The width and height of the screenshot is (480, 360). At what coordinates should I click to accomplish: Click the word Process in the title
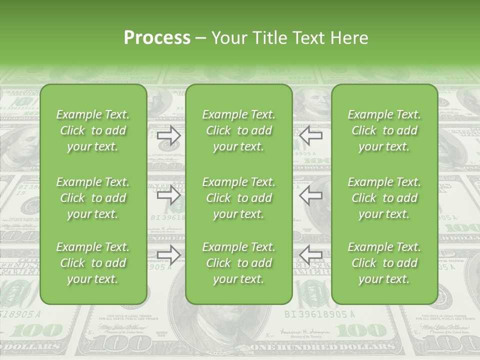click(157, 38)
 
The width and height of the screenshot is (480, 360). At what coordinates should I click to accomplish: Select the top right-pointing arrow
click(169, 135)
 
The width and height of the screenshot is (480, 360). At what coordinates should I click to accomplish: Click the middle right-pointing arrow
click(169, 195)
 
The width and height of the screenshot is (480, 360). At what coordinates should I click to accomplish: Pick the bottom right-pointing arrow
click(169, 255)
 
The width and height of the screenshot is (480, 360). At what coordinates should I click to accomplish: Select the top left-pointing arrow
click(310, 135)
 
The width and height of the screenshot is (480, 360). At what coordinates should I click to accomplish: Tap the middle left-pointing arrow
click(310, 195)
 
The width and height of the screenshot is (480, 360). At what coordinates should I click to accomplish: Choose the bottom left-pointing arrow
click(310, 255)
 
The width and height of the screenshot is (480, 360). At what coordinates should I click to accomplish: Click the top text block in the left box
click(93, 130)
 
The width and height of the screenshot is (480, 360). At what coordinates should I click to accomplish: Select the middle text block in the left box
click(93, 198)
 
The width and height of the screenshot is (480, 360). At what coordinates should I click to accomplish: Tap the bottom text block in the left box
click(93, 263)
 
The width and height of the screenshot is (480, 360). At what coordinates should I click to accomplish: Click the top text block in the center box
click(238, 130)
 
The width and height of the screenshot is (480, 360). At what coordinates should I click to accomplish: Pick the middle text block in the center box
click(238, 198)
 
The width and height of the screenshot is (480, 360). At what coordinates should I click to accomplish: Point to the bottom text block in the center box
click(238, 263)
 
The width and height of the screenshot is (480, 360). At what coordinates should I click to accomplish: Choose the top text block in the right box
click(384, 130)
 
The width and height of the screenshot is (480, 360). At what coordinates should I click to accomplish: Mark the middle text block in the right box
click(384, 198)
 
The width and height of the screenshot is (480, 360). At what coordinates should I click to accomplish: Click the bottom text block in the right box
click(384, 263)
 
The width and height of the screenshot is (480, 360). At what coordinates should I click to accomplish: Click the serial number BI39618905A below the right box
click(319, 314)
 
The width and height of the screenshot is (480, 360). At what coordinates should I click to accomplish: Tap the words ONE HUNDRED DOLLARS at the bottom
click(322, 346)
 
